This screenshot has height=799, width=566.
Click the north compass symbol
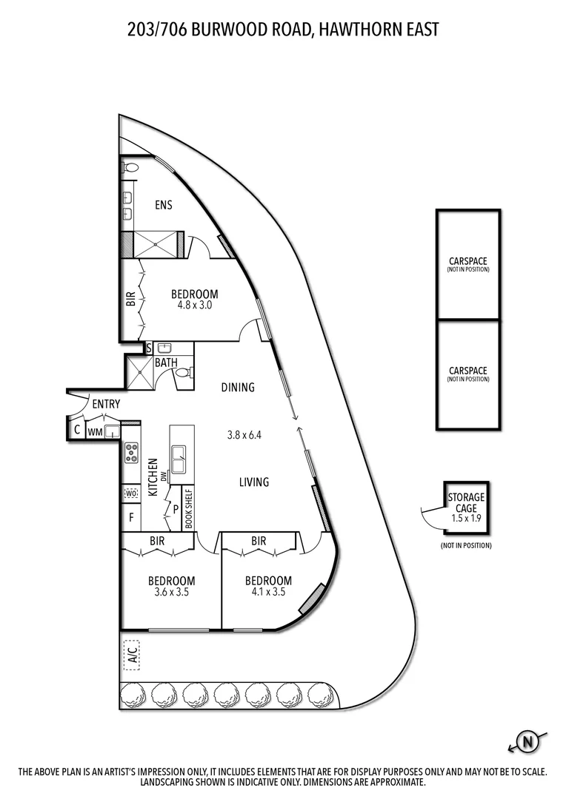tap(528, 741)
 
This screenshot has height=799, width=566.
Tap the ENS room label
tap(164, 205)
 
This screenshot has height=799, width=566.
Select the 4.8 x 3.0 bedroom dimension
tap(194, 304)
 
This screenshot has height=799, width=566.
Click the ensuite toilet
tap(130, 168)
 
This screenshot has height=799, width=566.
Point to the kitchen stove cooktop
tap(131, 452)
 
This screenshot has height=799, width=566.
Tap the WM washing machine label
tap(95, 431)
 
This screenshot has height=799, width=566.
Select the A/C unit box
tap(131, 654)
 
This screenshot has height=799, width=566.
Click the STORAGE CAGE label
tap(465, 502)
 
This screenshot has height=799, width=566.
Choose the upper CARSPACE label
tap(467, 261)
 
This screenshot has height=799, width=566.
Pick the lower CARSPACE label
tap(467, 371)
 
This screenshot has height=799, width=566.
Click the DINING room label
tap(238, 387)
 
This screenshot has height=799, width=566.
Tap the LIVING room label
tap(254, 482)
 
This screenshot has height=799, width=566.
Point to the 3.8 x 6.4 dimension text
tap(244, 435)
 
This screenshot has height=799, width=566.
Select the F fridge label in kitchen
tap(131, 517)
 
